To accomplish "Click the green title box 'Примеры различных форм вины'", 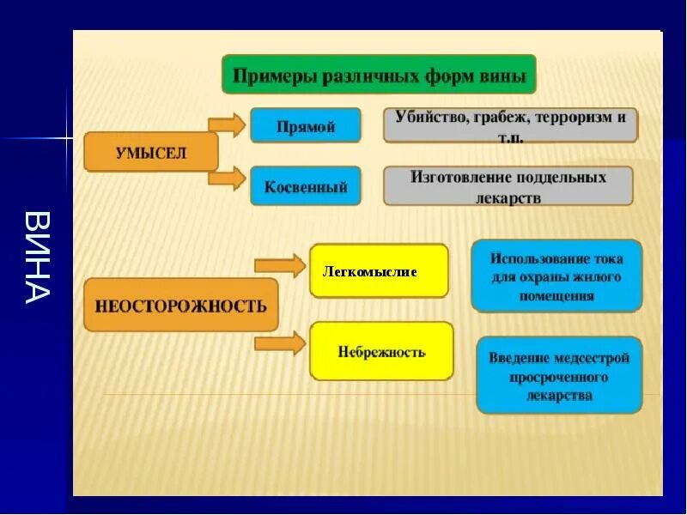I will coord(379,75).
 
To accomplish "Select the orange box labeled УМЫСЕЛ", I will coord(150,153).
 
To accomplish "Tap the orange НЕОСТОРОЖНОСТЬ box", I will coord(180,305).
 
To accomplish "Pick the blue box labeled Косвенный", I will coord(305,186).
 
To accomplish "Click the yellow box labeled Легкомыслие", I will coord(379,271).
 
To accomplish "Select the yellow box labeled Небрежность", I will coord(381,351).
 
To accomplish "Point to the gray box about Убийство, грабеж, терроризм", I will coord(510,125).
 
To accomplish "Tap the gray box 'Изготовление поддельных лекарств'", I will coord(508,186).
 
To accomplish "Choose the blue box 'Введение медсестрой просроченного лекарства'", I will coord(559,376).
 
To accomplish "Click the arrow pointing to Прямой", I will coord(228,124).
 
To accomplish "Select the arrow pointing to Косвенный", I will coord(228,179).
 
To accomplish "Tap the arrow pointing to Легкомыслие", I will coord(280,266).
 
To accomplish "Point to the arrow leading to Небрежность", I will coord(280,345).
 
